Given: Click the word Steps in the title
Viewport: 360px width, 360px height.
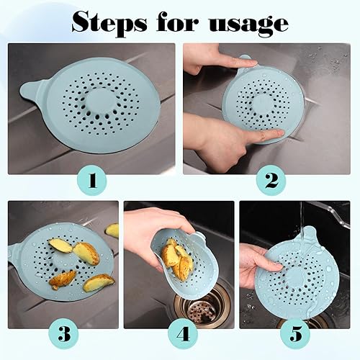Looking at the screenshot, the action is [109, 24].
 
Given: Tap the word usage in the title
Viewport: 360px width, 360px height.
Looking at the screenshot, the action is [248, 26].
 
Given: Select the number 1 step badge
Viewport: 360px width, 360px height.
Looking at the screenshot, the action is [92, 181].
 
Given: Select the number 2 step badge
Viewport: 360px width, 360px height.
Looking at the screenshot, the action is [271, 181].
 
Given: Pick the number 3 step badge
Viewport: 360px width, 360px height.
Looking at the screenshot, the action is [64, 334].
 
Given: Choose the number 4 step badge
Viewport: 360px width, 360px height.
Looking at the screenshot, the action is [183, 334].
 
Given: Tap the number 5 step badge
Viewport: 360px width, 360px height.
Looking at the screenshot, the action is [295, 334].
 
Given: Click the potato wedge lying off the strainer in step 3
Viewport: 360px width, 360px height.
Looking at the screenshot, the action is [112, 230].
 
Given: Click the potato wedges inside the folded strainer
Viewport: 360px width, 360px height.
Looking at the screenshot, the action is [177, 259].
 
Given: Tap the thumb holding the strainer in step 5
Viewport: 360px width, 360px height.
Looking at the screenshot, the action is [272, 265].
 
